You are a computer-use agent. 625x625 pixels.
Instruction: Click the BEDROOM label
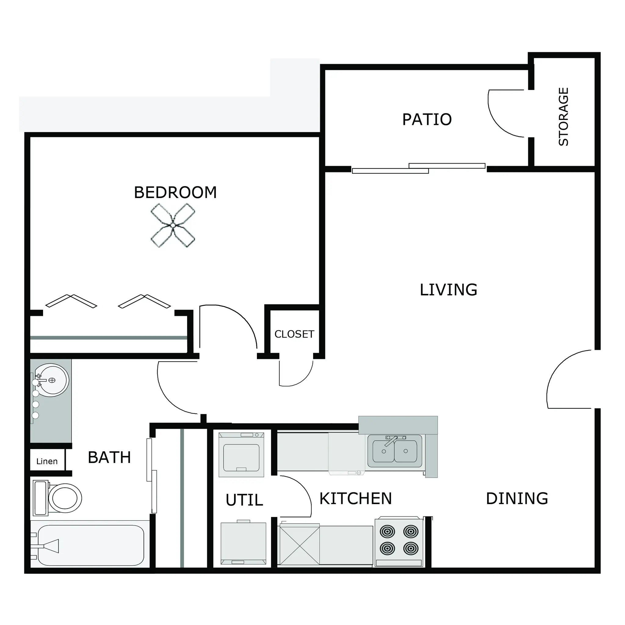pos(175,193)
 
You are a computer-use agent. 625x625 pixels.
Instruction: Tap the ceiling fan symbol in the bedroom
pos(173,225)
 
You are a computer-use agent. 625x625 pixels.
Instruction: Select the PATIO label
pos(427,119)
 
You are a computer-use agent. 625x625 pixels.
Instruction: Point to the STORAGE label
pos(564,117)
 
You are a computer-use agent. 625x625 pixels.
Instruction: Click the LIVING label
pos(448,290)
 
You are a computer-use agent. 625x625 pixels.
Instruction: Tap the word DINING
pos(517,499)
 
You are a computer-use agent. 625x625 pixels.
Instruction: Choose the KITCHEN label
pos(356,499)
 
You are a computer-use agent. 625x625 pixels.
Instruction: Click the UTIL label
pos(244,500)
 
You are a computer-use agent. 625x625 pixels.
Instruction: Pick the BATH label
pos(109,457)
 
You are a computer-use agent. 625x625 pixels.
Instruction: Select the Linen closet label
pos(47,461)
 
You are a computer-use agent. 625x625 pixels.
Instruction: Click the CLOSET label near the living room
pos(294,334)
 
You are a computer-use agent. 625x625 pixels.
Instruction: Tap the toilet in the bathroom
pos(57,498)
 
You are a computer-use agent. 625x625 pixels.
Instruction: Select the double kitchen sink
pos(394,451)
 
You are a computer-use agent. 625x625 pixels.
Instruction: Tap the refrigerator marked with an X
pos(300,546)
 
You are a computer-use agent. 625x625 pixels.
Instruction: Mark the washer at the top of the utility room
pos(241,454)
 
